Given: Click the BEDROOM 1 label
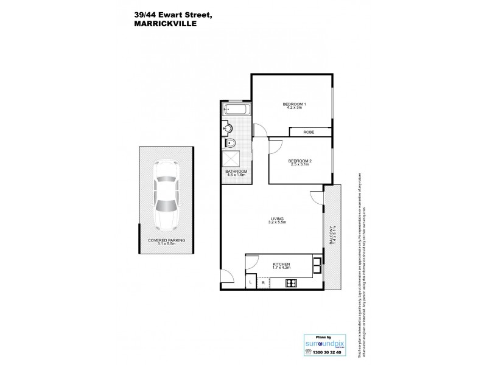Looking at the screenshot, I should click(294, 106).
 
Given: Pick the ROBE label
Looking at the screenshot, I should click(310, 131).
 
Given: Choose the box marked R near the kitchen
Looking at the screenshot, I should click(262, 282).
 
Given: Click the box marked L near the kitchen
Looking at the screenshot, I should click(251, 282).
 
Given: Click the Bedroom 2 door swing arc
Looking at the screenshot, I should click(275, 146).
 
